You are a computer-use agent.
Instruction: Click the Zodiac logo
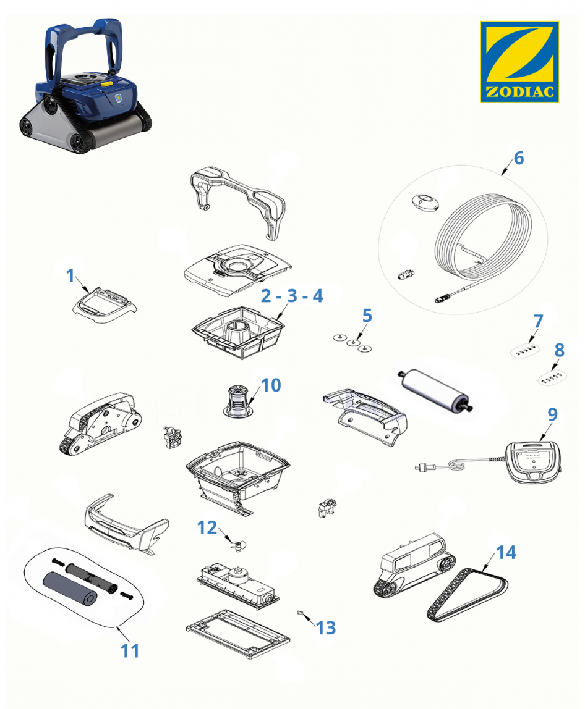coord(519,62)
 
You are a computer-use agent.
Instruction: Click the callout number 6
coord(519,158)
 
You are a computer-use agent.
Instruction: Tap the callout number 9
coord(552,414)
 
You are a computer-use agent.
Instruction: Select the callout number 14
coord(506,552)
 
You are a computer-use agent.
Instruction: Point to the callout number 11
coord(130,651)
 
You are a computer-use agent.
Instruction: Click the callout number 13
coord(326,627)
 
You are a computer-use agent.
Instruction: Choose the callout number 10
coord(271,385)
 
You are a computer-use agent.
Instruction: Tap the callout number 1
coord(70,275)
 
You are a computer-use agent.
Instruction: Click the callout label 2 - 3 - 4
coord(292,296)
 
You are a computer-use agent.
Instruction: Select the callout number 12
coord(207,527)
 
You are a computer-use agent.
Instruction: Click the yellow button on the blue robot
coord(106,83)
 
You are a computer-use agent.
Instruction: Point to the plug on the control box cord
coord(422,467)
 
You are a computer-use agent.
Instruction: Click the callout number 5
coord(367,316)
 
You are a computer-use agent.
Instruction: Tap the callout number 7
coord(538,321)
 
